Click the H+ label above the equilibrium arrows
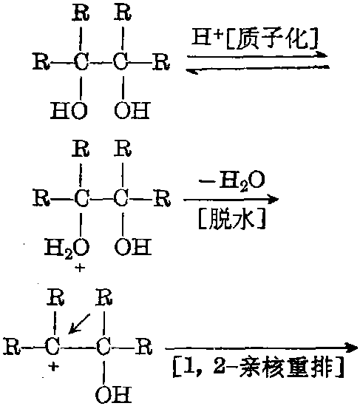point(207,38)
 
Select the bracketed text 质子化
point(272,39)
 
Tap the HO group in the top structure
point(69,111)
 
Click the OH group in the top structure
point(132,111)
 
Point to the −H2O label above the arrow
point(231,180)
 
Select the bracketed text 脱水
point(231,220)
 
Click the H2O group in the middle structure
point(67,248)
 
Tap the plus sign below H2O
point(80,268)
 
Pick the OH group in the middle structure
point(133,246)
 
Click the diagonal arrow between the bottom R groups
point(79,324)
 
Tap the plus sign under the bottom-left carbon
point(53,366)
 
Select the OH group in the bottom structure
point(114,394)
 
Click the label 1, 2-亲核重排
point(259,368)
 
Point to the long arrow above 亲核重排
point(262,348)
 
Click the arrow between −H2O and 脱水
point(231,200)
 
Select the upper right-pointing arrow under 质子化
point(257,55)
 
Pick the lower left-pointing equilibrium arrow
point(257,69)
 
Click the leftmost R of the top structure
point(41,61)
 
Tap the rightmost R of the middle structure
point(162,198)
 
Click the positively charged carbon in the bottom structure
point(52,346)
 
